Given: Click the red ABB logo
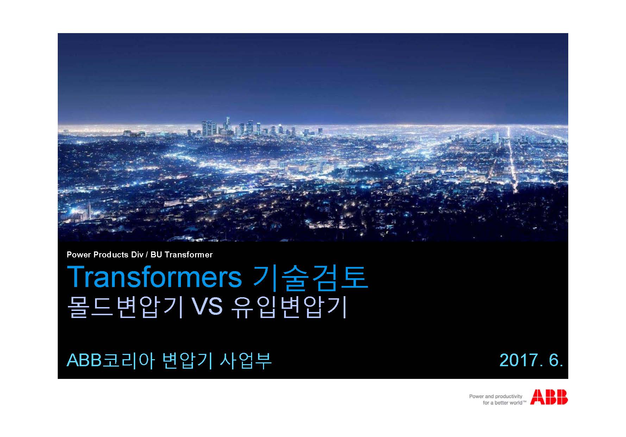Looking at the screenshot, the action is click(x=549, y=397).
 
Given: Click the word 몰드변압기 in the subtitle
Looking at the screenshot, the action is click(x=124, y=307).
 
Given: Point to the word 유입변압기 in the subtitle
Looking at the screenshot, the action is click(x=289, y=307).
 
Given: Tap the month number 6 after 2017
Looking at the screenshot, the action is click(x=555, y=360).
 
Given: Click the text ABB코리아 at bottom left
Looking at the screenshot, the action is click(x=111, y=360).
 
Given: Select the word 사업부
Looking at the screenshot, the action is click(x=245, y=360).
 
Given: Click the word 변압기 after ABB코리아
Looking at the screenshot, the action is click(x=187, y=360).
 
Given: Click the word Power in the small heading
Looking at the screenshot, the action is click(x=79, y=255).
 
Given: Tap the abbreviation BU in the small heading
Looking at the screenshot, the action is click(x=156, y=255).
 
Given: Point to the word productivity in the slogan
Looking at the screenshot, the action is click(x=509, y=397).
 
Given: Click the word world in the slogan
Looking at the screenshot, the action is click(x=515, y=402).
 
